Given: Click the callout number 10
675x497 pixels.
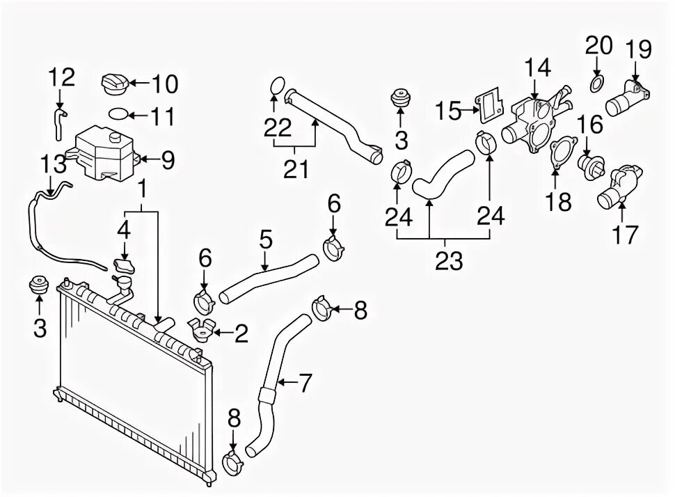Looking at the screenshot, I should pos(165,84).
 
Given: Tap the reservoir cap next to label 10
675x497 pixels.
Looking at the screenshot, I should pos(113,84).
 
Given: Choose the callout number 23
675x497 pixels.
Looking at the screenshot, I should pos(449,260).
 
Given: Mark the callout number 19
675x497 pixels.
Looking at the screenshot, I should pos(637,49).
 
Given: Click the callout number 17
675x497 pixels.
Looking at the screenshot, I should pos(624,235).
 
